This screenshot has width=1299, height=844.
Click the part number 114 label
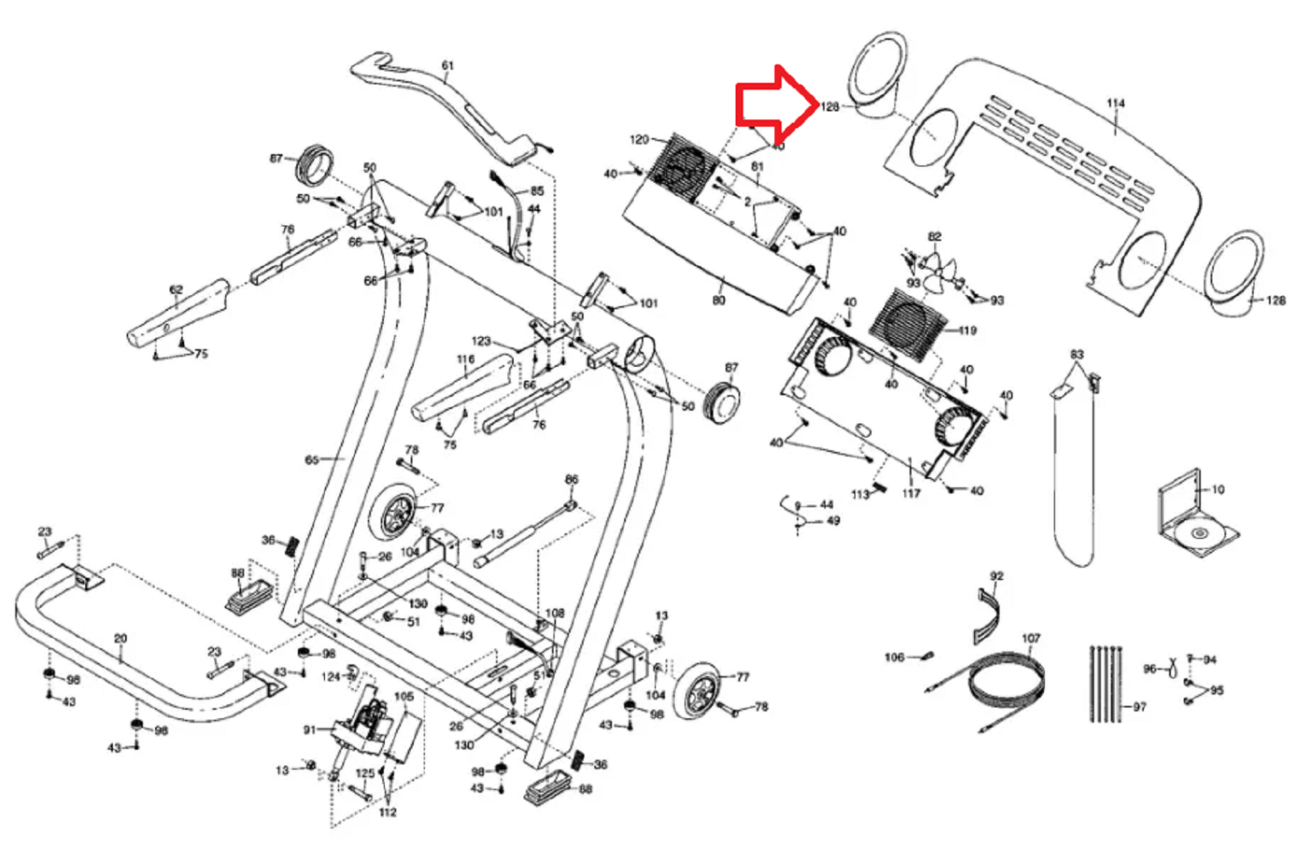(1116, 103)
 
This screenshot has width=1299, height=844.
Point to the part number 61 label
(447, 66)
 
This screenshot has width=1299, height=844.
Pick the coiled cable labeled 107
(1007, 682)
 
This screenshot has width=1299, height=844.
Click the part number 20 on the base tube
(120, 639)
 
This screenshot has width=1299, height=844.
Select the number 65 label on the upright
(312, 460)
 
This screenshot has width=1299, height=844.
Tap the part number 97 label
(1140, 707)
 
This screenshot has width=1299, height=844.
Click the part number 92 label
(997, 575)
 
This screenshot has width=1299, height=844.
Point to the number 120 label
(639, 140)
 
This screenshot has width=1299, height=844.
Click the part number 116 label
(465, 360)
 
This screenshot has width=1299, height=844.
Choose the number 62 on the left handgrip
(175, 290)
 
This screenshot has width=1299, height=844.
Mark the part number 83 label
(1077, 355)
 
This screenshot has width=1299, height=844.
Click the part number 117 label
(911, 493)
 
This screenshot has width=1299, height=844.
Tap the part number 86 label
(572, 480)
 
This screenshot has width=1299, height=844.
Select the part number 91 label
(309, 730)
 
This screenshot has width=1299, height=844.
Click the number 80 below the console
(719, 300)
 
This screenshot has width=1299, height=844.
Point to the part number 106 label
(894, 657)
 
